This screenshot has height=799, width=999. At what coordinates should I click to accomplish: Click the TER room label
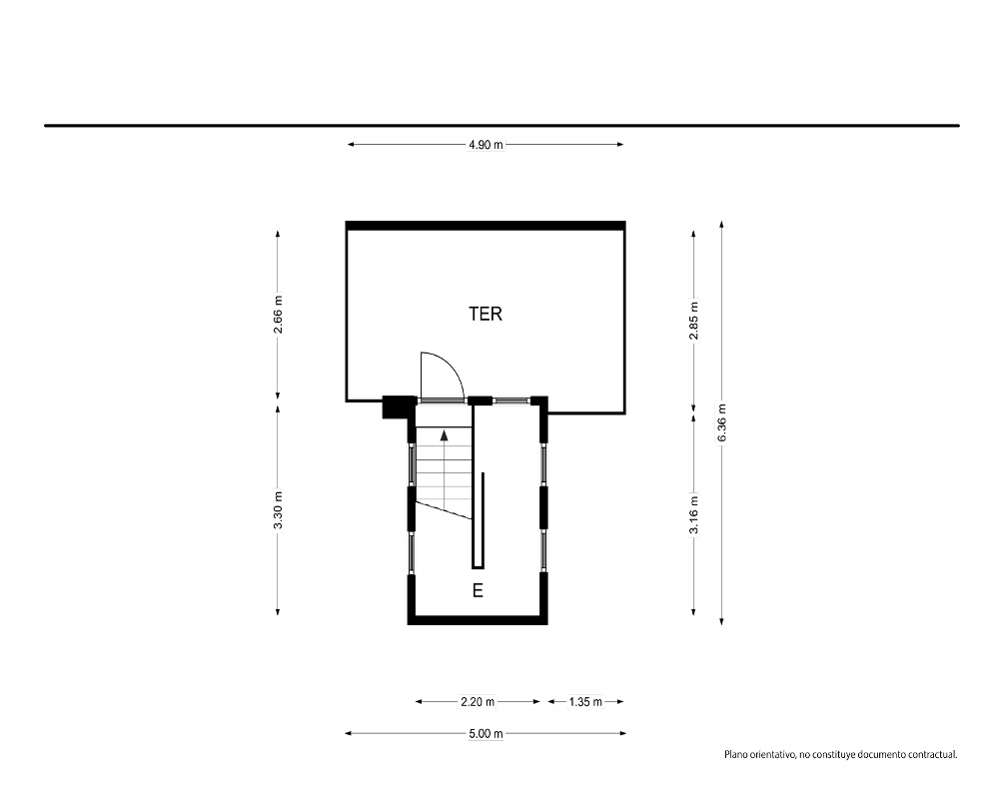(x=486, y=314)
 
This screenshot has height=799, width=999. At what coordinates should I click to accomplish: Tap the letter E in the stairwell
(x=478, y=590)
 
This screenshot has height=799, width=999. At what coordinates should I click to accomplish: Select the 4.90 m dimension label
(x=486, y=145)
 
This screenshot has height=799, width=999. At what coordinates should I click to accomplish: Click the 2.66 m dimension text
(x=278, y=314)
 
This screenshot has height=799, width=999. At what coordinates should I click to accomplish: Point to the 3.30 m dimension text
(x=278, y=509)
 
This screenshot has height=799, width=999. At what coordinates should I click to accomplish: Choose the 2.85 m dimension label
(x=694, y=321)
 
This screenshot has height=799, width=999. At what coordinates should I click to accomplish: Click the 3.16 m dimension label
(x=694, y=514)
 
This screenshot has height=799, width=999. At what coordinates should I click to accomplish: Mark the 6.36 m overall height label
(x=722, y=423)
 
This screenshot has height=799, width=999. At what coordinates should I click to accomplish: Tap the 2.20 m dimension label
(x=478, y=702)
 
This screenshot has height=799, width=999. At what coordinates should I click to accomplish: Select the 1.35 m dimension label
(x=585, y=702)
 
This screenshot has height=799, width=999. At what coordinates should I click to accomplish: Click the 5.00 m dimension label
(x=486, y=734)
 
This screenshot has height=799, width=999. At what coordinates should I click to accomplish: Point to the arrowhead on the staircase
(x=445, y=435)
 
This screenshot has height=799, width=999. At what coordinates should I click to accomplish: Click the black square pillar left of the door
(x=395, y=407)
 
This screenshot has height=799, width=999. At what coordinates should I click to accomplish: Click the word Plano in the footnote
(x=735, y=755)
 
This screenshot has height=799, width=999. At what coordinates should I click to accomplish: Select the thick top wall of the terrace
(x=486, y=226)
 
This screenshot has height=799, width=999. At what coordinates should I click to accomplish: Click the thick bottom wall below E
(x=478, y=620)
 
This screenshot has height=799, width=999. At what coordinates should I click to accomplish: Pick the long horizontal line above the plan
(x=502, y=126)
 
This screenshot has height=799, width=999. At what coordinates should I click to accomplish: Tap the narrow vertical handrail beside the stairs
(x=484, y=520)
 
